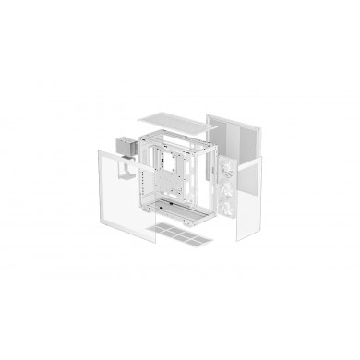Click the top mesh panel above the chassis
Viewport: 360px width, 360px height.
(175, 119)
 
